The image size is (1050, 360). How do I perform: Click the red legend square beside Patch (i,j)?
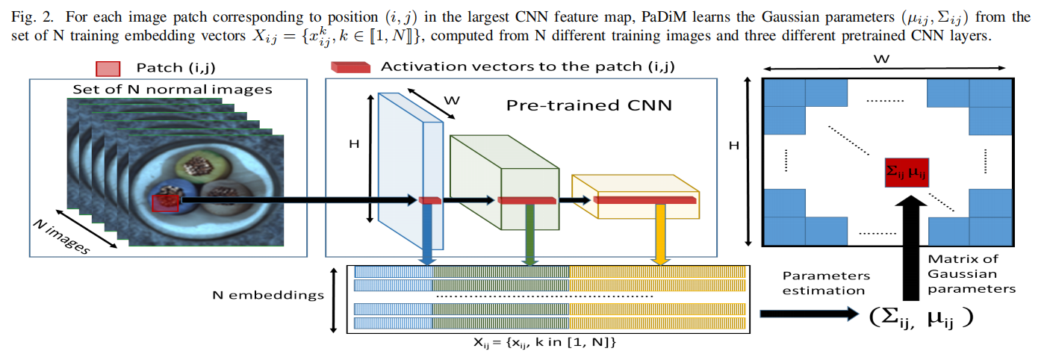(x=107, y=68)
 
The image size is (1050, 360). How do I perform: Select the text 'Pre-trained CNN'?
(x=588, y=105)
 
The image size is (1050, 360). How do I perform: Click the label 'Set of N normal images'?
(x=172, y=90)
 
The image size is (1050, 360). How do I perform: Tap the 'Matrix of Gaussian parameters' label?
(x=962, y=273)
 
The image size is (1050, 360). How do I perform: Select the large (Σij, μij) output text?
(x=922, y=317)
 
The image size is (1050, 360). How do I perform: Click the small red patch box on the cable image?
(x=165, y=202)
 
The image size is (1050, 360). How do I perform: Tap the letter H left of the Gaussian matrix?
(x=735, y=146)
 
